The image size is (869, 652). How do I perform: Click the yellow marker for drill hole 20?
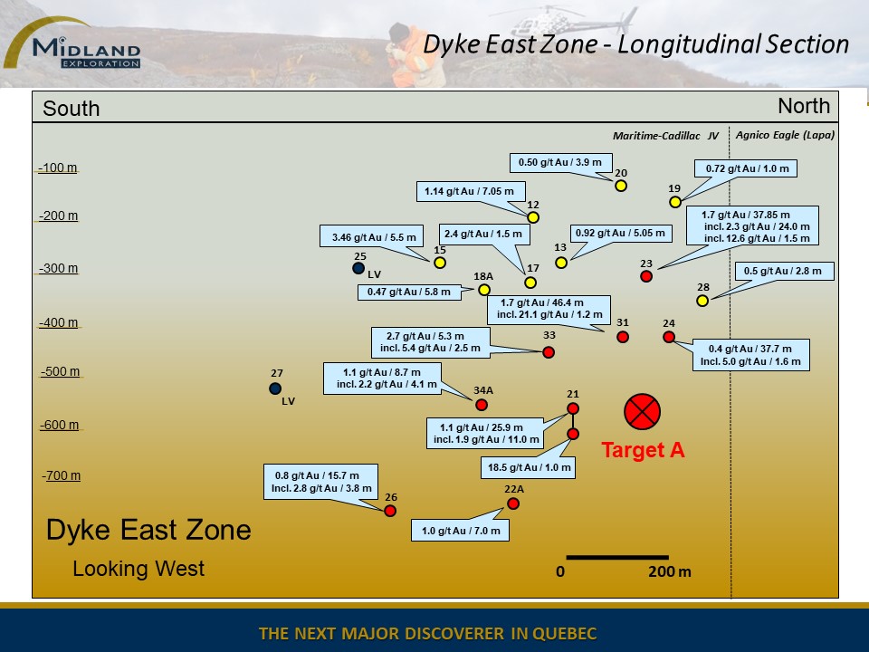621,186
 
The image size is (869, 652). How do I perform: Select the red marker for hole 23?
646,276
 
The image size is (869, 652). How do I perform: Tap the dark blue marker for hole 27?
275,388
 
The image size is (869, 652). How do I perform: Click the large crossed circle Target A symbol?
642,411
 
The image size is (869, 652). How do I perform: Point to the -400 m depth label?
58,322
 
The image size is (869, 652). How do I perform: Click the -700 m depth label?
61,475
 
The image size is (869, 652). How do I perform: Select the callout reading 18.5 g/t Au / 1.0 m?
528,467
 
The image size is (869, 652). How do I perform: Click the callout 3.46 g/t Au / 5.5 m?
372,236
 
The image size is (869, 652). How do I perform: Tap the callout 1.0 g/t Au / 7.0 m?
460,531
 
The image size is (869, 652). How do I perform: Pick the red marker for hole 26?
390,511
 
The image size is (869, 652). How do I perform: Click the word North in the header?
804,106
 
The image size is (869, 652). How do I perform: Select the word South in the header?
71,108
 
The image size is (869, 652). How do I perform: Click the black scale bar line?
616,557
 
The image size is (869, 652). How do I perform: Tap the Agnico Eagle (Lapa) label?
785,135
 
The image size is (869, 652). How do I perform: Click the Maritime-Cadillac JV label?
665,136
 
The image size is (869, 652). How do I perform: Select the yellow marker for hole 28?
702,301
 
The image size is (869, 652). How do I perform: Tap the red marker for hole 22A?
513,503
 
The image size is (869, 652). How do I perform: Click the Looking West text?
138,569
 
